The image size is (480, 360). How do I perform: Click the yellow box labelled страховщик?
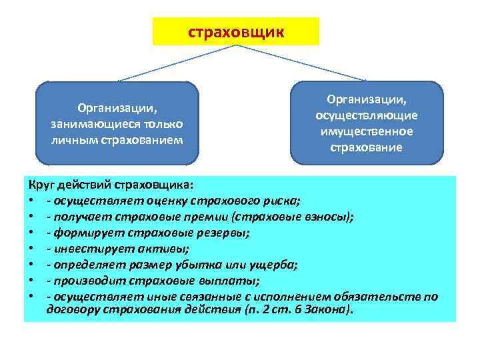(236, 31)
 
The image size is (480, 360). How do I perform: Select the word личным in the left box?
(70, 139)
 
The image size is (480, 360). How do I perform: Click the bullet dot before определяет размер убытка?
(31, 264)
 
